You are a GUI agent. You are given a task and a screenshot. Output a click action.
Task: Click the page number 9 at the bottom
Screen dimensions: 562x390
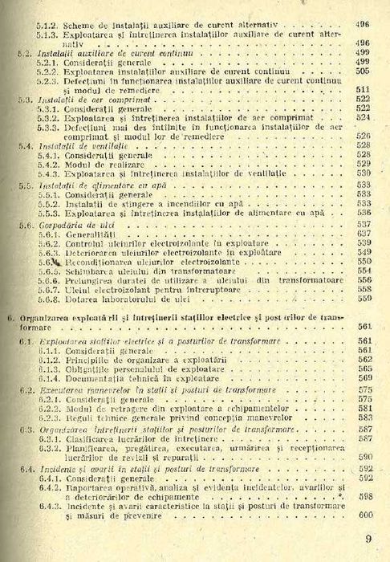(x=368, y=540)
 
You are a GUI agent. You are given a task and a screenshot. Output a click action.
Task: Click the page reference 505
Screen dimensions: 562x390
(x=361, y=71)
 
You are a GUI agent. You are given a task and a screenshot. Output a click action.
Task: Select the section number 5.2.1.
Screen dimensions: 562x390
(x=43, y=61)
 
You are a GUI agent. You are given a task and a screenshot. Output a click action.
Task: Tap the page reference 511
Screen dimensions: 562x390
(x=361, y=89)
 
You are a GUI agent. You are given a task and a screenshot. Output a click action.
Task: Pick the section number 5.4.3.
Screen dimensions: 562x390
(x=43, y=173)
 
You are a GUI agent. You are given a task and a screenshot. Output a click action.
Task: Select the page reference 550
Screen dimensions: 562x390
(x=362, y=262)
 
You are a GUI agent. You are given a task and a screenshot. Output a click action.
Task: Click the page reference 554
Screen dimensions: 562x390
(x=362, y=271)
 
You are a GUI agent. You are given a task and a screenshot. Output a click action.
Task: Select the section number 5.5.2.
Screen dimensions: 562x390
(x=43, y=206)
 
